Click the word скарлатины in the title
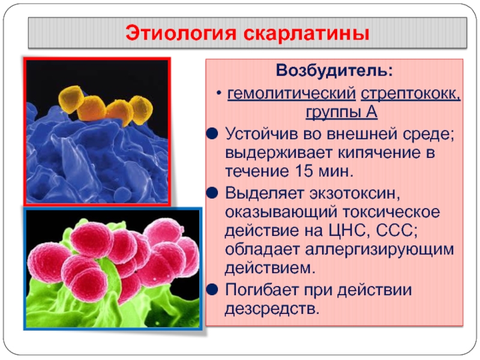(x=306, y=33)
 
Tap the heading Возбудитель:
(x=334, y=70)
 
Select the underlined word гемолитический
(x=292, y=94)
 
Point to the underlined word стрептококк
(x=410, y=94)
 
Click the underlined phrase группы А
(x=341, y=112)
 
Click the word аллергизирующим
(x=379, y=250)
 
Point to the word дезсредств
(x=272, y=309)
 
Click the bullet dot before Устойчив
(x=212, y=134)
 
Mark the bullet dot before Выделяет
(x=212, y=193)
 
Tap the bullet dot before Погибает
(x=212, y=289)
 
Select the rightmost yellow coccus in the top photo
(x=141, y=110)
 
